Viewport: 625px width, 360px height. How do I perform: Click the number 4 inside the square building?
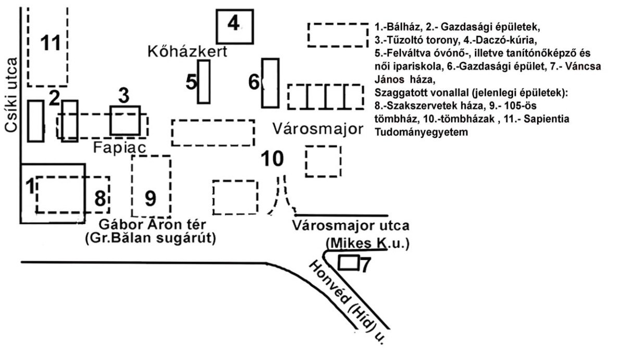click(233, 24)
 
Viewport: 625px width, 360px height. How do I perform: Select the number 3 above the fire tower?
click(123, 96)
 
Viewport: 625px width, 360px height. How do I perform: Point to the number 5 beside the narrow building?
click(191, 82)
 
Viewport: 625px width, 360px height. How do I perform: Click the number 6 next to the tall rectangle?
click(254, 82)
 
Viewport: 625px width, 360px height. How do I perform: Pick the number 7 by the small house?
click(365, 265)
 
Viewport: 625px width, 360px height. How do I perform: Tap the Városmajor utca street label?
click(351, 226)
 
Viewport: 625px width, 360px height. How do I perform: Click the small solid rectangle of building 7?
click(348, 263)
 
